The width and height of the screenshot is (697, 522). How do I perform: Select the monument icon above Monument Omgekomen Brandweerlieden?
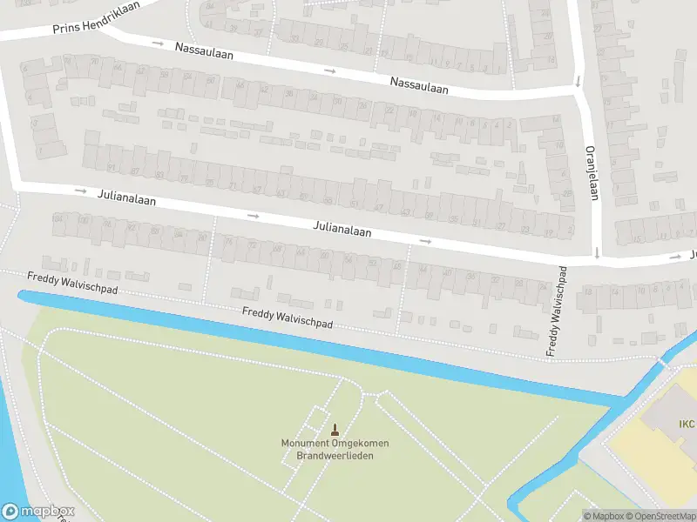335,429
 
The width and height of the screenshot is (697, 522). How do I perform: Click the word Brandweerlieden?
335,455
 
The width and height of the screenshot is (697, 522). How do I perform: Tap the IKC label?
687,425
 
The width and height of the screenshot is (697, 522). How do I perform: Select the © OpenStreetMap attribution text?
660,516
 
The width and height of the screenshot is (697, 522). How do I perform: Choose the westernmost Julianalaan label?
127,199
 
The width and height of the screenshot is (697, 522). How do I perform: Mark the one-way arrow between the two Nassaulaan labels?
329,70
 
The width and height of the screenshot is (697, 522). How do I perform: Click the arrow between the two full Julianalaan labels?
254,216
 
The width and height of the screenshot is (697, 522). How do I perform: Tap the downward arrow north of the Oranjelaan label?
577,84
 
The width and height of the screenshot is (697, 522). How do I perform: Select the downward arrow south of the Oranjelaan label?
596,253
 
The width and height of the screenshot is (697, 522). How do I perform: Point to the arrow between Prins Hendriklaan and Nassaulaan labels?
157,43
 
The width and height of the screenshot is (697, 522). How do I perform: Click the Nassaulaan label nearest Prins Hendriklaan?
204,50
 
